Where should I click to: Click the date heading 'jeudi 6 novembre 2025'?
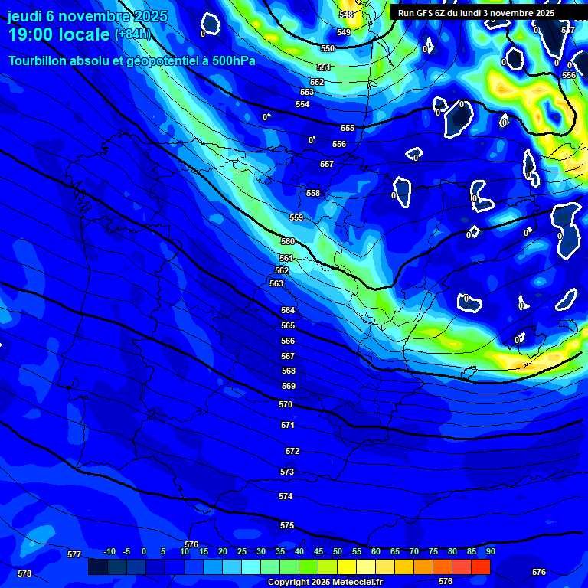click(87, 16)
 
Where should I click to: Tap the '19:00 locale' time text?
click(59, 34)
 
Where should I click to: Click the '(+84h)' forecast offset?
click(132, 34)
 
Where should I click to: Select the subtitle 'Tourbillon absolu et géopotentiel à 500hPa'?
click(132, 60)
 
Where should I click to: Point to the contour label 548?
click(346, 15)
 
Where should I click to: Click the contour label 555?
click(348, 128)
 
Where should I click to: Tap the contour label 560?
click(288, 241)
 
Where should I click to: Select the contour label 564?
click(288, 310)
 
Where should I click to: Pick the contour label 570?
click(286, 404)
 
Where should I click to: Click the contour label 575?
click(287, 525)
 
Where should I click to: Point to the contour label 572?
click(292, 451)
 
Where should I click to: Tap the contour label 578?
click(24, 573)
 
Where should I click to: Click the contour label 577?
click(74, 554)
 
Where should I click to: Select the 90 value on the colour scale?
click(490, 551)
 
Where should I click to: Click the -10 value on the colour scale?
click(109, 551)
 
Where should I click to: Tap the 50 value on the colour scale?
click(337, 551)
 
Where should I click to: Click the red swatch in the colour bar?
click(480, 567)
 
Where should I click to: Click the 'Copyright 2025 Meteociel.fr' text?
click(325, 582)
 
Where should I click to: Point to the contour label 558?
click(313, 193)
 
